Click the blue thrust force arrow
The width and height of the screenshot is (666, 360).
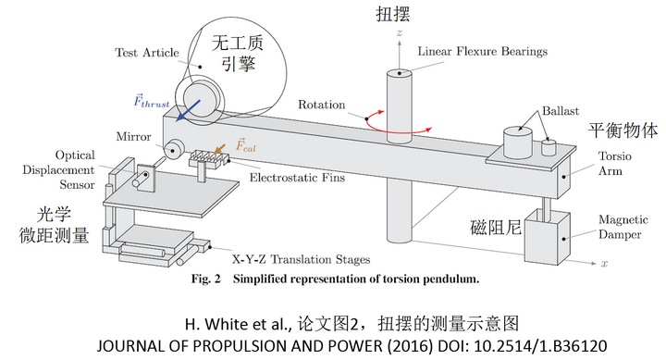pyautogui.click(x=189, y=110)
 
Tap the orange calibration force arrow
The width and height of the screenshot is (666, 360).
pyautogui.click(x=219, y=149)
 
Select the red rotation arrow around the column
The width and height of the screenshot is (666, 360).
pyautogui.click(x=399, y=122)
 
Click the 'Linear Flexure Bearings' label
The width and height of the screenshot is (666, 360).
pyautogui.click(x=483, y=52)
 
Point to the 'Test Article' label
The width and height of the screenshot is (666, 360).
pyautogui.click(x=147, y=53)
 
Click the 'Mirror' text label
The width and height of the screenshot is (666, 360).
pyautogui.click(x=133, y=136)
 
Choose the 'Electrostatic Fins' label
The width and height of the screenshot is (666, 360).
pyautogui.click(x=297, y=178)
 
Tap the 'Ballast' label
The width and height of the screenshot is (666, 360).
pyautogui.click(x=561, y=111)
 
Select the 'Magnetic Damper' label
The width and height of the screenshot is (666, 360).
pyautogui.click(x=623, y=227)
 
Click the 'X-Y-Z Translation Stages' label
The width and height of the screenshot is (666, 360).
pyautogui.click(x=301, y=259)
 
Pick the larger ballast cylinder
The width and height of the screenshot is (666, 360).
pyautogui.click(x=518, y=143)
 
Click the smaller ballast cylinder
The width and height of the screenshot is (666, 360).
pyautogui.click(x=549, y=147)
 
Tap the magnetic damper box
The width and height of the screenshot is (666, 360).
pyautogui.click(x=547, y=238)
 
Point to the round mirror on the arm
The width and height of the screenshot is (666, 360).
pyautogui.click(x=174, y=149)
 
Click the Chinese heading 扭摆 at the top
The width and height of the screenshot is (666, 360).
pyautogui.click(x=393, y=14)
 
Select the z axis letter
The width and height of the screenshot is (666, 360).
pyautogui.click(x=400, y=32)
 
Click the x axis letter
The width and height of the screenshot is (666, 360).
pyautogui.click(x=604, y=264)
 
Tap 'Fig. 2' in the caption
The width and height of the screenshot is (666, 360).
pyautogui.click(x=206, y=279)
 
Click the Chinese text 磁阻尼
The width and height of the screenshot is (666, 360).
pyautogui.click(x=496, y=228)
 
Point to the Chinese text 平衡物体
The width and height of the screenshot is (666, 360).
pyautogui.click(x=623, y=130)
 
